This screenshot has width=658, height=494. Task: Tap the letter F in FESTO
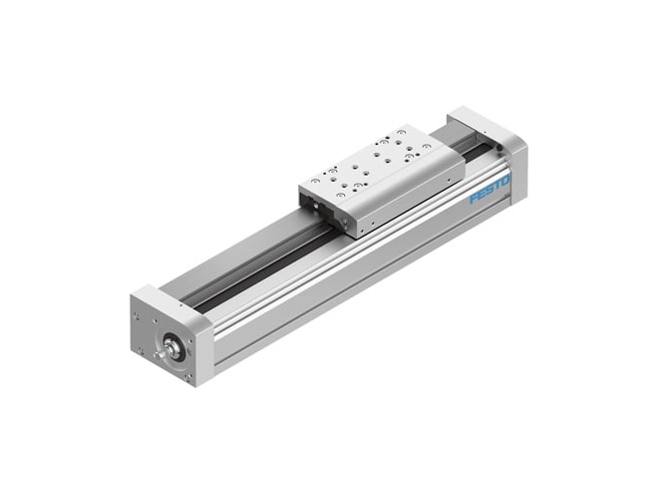click(474, 198)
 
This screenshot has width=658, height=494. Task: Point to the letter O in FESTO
click(505, 181)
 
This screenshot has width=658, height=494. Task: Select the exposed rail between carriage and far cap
click(474, 150)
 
